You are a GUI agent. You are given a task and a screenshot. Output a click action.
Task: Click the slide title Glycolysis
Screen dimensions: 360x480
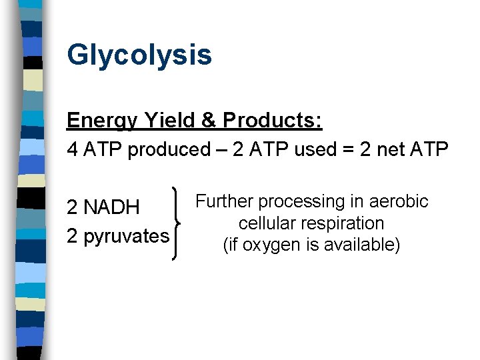139,55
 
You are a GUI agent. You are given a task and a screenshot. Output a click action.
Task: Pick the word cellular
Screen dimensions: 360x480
265,223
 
